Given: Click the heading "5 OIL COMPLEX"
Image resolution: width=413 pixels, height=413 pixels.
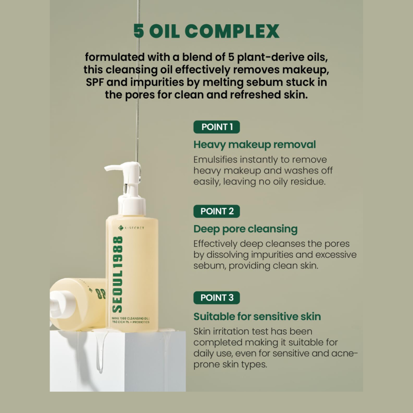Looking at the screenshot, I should tap(206, 31).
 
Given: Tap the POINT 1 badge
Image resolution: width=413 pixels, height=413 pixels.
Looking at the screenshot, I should tap(216, 127).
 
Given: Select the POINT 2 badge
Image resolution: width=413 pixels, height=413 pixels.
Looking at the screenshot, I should tap(216, 211).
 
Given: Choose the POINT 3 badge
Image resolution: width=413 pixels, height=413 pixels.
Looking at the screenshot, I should tap(216, 297).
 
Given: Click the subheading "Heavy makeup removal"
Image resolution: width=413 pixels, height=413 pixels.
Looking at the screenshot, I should tap(255, 145).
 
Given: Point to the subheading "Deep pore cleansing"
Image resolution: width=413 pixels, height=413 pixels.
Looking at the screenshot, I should tap(245, 228).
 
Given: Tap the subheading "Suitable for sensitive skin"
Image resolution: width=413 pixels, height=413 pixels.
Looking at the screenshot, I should tap(257, 316).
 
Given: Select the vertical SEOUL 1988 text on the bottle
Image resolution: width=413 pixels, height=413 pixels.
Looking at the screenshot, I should tap(118, 274).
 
